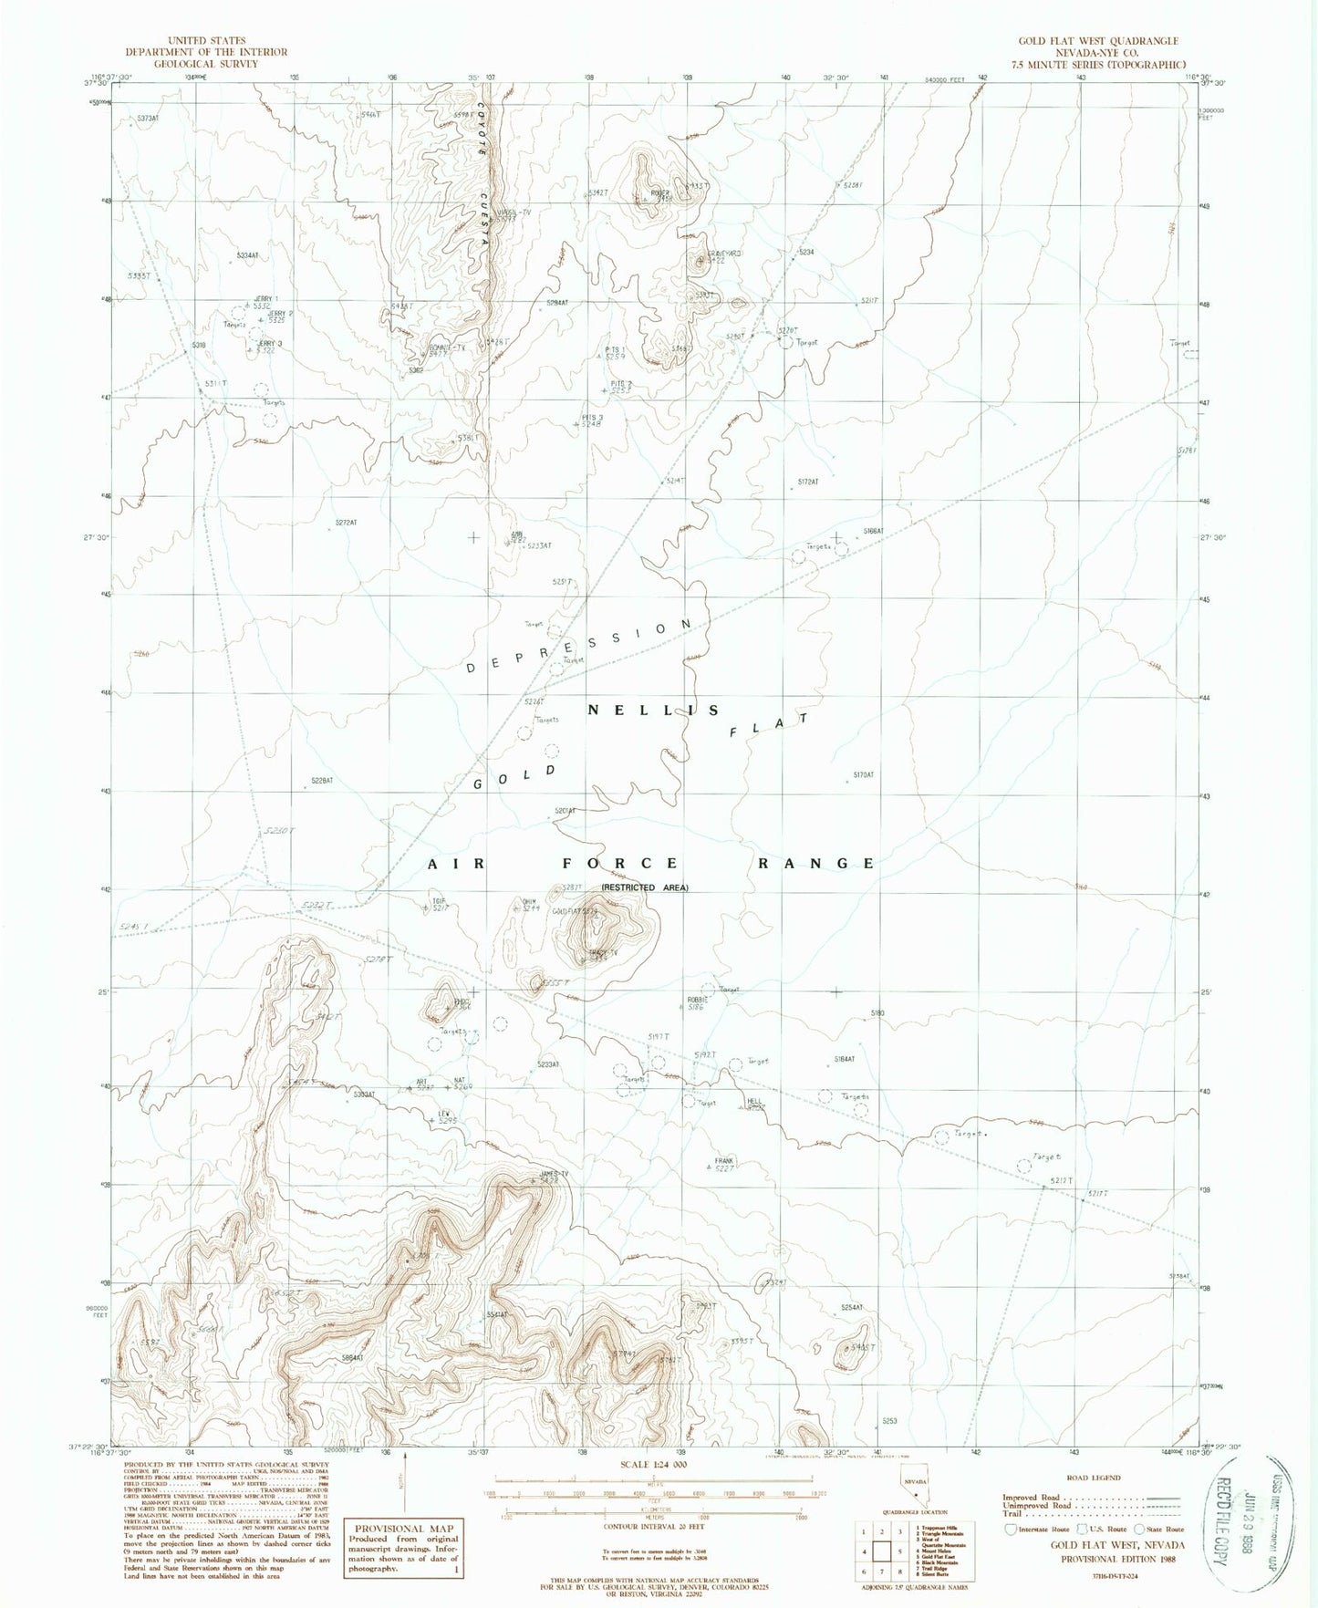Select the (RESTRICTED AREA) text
pyautogui.click(x=644, y=887)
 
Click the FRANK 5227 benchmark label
pyautogui.click(x=724, y=1165)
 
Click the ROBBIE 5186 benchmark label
pyautogui.click(x=698, y=1003)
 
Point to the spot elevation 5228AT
pyautogui.click(x=321, y=781)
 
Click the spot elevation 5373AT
pyautogui.click(x=147, y=119)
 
